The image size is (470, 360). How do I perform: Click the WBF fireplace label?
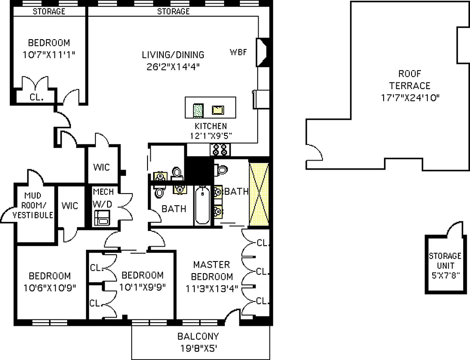(x=239, y=52)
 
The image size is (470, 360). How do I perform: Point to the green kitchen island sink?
(x=198, y=109)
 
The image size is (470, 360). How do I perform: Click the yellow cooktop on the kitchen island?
(x=218, y=109)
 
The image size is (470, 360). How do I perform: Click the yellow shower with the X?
(x=259, y=194)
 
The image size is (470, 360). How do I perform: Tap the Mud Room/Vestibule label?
(x=33, y=205)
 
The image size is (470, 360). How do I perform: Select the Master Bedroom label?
(x=211, y=270)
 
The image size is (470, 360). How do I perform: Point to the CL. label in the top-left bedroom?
(x=36, y=96)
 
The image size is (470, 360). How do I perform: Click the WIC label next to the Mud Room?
(x=70, y=206)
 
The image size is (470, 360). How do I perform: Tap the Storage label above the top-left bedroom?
(x=49, y=11)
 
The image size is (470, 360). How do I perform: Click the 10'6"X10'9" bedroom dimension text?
(x=50, y=288)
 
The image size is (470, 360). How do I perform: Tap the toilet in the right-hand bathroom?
(x=221, y=170)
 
